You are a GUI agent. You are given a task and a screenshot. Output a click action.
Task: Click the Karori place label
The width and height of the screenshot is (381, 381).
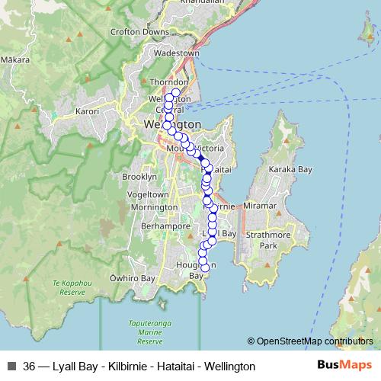point(88,111)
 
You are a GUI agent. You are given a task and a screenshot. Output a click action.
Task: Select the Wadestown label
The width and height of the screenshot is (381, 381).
point(176,53)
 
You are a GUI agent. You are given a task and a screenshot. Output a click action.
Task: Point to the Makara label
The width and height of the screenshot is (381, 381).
point(15,59)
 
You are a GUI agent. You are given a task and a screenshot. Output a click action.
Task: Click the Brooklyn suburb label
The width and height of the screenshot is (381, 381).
point(139,176)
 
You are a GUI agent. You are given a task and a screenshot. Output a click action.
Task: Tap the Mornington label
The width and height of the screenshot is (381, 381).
point(149,207)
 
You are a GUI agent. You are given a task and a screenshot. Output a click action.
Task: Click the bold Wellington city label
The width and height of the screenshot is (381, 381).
point(172,124)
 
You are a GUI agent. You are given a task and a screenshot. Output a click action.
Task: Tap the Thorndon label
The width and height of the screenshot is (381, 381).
point(169,82)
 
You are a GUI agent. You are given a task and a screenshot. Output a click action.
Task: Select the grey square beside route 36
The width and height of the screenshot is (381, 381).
point(11,367)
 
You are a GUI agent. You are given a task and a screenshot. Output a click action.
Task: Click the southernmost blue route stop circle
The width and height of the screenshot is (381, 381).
point(204,267)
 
